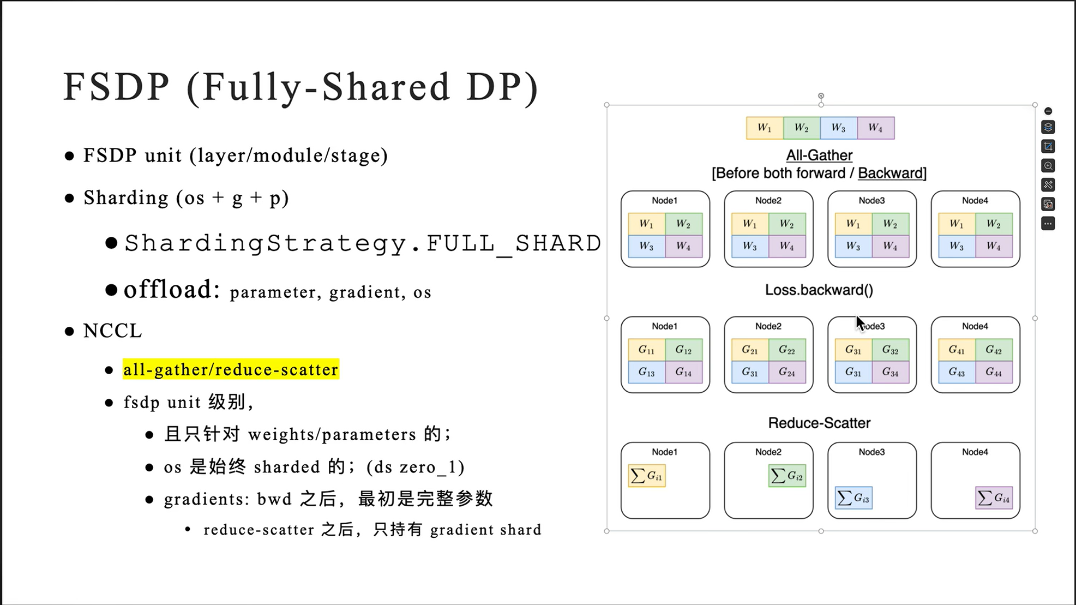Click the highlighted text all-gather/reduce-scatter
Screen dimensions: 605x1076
coord(230,369)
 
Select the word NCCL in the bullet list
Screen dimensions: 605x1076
coord(112,331)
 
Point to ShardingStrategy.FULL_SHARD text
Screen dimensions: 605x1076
coord(363,243)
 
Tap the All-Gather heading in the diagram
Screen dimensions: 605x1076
coord(819,155)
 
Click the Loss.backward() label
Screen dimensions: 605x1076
coord(819,290)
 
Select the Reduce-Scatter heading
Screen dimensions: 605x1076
coord(819,423)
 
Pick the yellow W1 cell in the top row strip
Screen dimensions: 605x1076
coord(765,128)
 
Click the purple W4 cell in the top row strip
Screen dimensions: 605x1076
coord(875,128)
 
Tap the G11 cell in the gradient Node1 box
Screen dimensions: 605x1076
coord(646,350)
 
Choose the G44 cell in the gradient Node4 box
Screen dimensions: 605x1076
coord(993,372)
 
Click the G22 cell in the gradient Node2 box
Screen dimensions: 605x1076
coord(786,350)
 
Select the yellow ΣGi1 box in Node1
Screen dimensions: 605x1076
coord(646,476)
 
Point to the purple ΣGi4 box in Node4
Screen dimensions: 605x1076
coord(993,498)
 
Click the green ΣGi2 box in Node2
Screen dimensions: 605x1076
coord(786,476)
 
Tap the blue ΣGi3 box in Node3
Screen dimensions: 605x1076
coord(853,498)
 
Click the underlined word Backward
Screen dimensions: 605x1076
coord(891,173)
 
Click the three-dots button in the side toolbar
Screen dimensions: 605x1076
coord(1048,224)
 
